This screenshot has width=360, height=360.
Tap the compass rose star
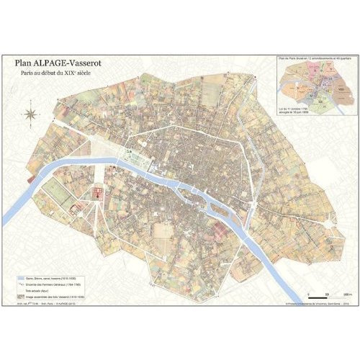pos(31,113)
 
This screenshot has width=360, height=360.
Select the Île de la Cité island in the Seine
pos(192,189)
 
